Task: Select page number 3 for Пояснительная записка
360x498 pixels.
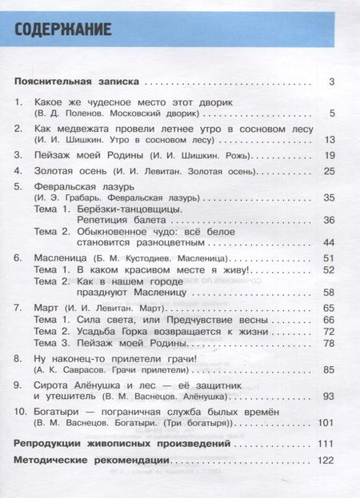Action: coord(330,82)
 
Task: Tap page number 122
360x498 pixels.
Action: coord(325,461)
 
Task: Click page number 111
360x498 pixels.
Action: coord(325,442)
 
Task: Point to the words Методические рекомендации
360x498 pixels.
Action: coord(92,461)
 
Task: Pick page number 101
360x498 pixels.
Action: coord(325,421)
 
